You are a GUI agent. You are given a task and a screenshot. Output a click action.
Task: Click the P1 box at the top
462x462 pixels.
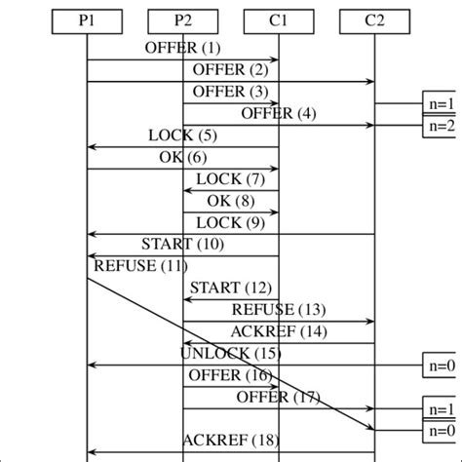[87, 19]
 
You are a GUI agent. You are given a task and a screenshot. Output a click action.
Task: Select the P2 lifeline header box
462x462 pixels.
[182, 19]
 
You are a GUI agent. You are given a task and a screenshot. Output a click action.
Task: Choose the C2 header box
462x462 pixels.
[374, 19]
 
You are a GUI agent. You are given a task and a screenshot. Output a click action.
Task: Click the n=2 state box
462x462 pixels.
[442, 126]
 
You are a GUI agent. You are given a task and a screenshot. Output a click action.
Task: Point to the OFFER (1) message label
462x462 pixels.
[182, 48]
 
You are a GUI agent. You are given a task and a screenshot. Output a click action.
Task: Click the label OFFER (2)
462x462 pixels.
[231, 69]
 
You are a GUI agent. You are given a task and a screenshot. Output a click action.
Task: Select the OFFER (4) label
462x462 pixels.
[279, 113]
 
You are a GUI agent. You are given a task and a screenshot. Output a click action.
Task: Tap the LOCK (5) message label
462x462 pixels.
[183, 135]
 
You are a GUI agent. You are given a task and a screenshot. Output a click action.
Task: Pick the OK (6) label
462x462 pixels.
[183, 157]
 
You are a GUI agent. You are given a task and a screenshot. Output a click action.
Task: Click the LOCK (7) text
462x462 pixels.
[231, 179]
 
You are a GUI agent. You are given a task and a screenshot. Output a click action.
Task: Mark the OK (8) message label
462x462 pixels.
[231, 201]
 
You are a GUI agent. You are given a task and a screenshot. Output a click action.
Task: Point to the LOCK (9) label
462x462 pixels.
[231, 222]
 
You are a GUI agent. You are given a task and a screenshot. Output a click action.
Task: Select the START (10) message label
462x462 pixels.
[183, 244]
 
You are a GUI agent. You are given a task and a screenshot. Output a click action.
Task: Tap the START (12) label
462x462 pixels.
[231, 288]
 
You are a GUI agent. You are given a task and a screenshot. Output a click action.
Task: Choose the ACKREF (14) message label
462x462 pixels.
[279, 331]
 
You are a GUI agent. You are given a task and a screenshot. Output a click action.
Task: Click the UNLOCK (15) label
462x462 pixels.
[231, 353]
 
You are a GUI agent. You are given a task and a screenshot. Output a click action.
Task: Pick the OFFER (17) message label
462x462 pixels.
[279, 397]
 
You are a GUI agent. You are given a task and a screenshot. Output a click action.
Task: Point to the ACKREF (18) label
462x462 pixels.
[231, 441]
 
